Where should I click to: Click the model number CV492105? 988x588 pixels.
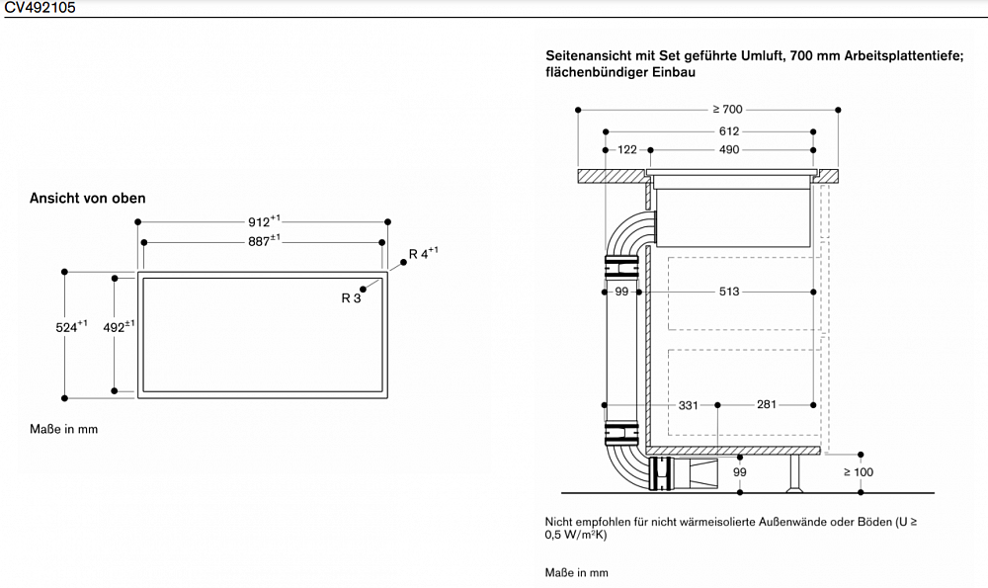40,8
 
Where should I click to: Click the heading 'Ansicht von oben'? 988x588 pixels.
88,199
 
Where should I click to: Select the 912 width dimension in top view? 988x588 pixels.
263,221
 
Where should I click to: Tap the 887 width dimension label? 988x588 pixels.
263,241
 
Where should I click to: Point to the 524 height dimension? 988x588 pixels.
71,326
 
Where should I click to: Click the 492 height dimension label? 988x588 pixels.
119,326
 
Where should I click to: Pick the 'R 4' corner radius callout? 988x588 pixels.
424,253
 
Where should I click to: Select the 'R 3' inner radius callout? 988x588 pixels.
351,297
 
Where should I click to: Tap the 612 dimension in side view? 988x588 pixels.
728,131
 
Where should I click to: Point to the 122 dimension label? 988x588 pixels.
627,150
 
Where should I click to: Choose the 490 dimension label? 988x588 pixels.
728,150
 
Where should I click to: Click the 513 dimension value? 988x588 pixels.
728,292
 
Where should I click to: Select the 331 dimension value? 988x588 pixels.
689,404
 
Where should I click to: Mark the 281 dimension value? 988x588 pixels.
766,404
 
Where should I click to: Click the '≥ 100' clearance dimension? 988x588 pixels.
858,472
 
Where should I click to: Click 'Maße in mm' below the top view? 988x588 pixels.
64,429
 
